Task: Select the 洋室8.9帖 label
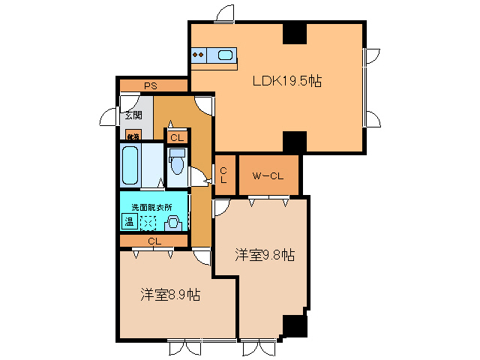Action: [x=169, y=295]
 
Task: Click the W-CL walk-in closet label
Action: [x=268, y=176]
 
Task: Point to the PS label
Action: [x=151, y=86]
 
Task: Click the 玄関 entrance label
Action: [x=133, y=115]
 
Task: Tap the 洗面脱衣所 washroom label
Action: [x=151, y=207]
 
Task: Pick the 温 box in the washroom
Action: [x=128, y=222]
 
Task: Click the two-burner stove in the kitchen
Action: [x=199, y=54]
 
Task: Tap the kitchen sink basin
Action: [x=225, y=54]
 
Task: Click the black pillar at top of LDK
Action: [x=294, y=34]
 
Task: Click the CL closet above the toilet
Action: [x=177, y=138]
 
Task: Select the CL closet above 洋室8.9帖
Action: [x=154, y=241]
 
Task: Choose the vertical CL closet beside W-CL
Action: [x=223, y=175]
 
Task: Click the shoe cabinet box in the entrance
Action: [x=133, y=136]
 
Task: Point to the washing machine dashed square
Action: [x=149, y=222]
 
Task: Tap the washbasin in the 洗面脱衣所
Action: [x=172, y=222]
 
